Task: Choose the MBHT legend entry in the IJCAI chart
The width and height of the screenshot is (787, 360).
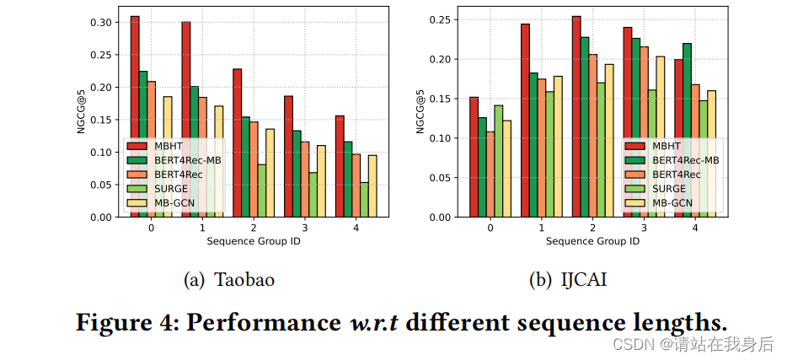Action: click(662, 145)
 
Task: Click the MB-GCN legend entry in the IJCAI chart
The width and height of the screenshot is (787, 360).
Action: click(670, 202)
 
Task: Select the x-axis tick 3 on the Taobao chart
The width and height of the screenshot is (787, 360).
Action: click(305, 228)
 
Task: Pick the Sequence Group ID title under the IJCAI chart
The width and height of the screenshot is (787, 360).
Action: click(592, 241)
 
